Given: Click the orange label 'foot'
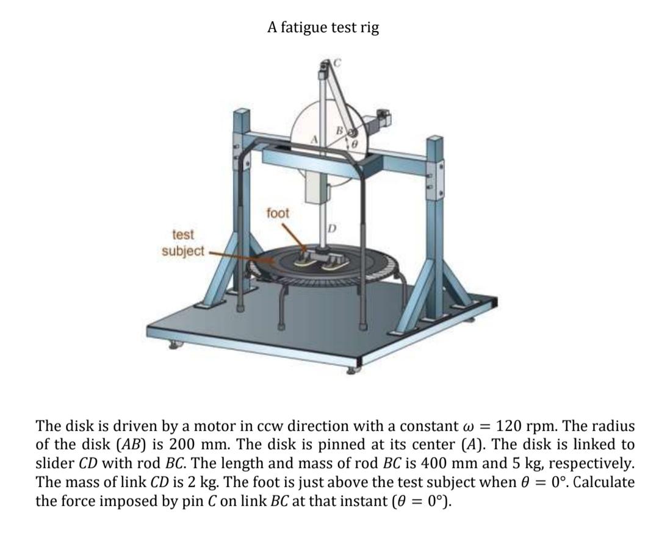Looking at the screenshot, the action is coord(278,213).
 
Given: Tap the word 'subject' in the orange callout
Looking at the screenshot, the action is coord(184,251).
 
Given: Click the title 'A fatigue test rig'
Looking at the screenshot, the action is coord(323,27).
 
